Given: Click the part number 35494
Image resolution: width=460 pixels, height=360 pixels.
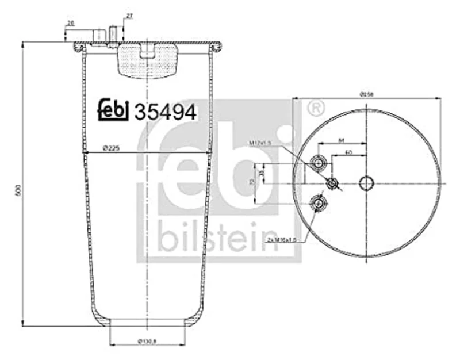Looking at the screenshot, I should (x=165, y=111).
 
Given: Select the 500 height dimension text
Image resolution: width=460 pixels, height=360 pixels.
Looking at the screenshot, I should (x=18, y=190).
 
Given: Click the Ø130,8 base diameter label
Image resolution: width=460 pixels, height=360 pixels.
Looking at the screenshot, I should (x=147, y=344).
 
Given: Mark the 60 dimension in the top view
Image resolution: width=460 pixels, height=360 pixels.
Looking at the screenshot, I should (x=348, y=152).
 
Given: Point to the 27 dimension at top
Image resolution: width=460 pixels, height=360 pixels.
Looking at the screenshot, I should (x=129, y=16).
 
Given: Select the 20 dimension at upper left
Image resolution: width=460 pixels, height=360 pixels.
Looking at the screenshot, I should (x=70, y=23).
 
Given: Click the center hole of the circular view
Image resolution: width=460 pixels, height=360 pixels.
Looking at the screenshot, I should (x=366, y=183).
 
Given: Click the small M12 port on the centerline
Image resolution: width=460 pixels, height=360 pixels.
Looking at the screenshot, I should (x=332, y=183).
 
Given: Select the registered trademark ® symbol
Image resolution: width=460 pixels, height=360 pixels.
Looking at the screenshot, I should (x=315, y=108).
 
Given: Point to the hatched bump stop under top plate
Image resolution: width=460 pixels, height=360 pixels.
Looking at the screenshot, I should (x=147, y=61).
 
